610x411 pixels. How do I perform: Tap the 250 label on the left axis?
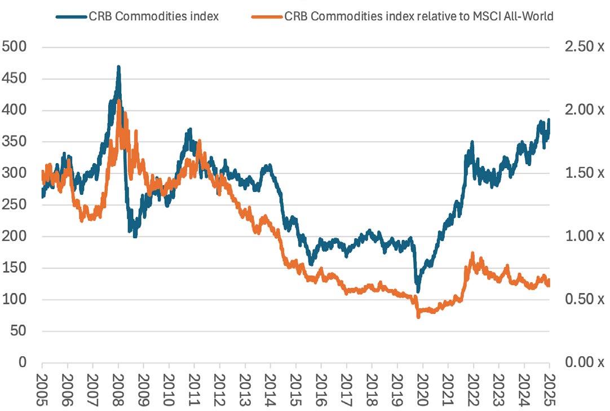tap(15, 204)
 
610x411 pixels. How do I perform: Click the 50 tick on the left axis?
tap(18, 331)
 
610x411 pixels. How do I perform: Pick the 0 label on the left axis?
tap(23, 362)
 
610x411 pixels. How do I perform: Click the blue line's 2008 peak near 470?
tap(118, 67)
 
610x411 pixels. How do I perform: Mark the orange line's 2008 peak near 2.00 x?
tap(118, 100)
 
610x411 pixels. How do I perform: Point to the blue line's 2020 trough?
tap(418, 291)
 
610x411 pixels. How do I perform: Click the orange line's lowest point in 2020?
tap(418, 317)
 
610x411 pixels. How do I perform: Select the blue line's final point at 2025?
tap(549, 120)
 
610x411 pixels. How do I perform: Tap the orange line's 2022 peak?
tap(472, 253)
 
